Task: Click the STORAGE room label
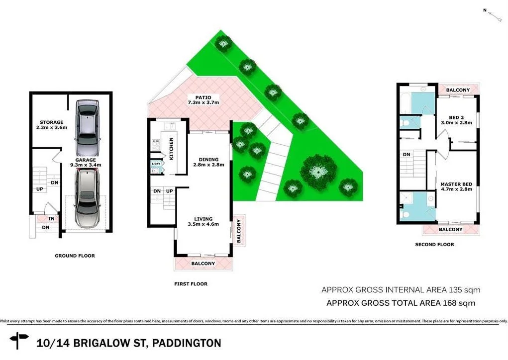(x=52, y=122)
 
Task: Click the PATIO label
(x=203, y=97)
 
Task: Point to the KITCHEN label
(x=172, y=149)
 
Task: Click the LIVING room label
(x=203, y=219)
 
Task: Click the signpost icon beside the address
(x=20, y=341)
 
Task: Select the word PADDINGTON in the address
(x=187, y=343)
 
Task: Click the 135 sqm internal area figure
(x=465, y=289)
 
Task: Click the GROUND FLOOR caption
(x=75, y=256)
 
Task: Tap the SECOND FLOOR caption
(x=434, y=245)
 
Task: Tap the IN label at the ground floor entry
(x=52, y=219)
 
